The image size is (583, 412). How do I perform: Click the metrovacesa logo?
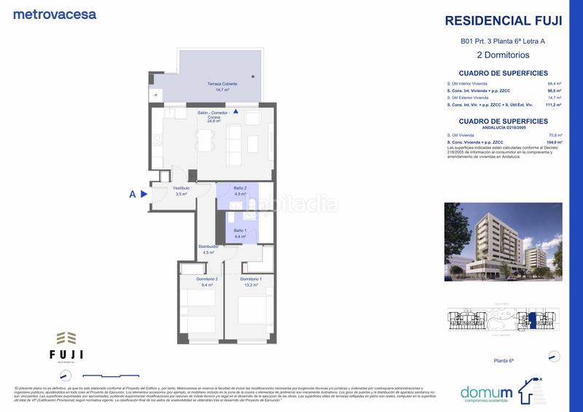click(55, 14)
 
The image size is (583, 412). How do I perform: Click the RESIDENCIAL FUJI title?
click(503, 21)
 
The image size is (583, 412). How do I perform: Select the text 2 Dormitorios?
click(503, 55)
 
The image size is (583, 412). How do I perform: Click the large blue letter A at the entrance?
click(132, 194)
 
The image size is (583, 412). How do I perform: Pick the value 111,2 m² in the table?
click(553, 105)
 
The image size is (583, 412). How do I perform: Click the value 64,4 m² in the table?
click(555, 84)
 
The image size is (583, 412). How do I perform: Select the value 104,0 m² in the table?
click(554, 141)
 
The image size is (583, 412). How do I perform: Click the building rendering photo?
click(503, 241)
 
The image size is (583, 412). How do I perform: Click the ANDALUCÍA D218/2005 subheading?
click(503, 127)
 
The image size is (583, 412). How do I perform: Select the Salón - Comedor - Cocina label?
click(214, 116)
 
